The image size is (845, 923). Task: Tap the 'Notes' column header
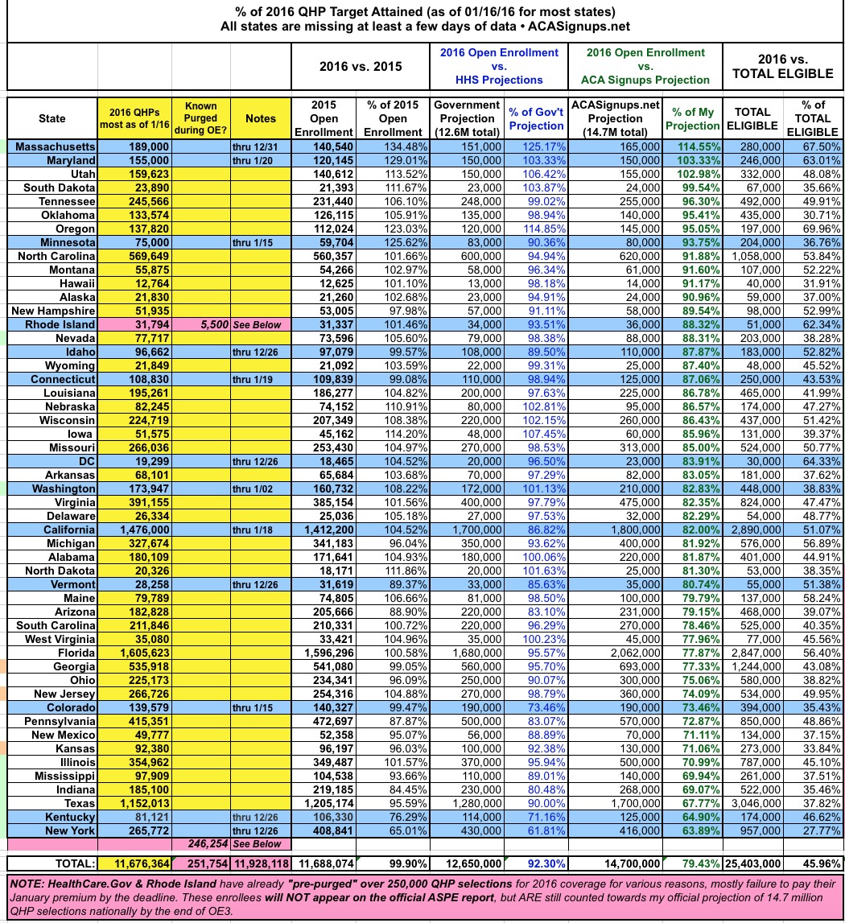tap(260, 118)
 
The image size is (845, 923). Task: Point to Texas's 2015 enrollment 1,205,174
tap(323, 803)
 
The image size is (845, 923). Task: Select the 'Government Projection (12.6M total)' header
tap(466, 118)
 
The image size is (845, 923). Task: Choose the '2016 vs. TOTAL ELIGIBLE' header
tap(782, 66)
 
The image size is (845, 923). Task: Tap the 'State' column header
tap(52, 118)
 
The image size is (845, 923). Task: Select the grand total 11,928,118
tap(260, 863)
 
